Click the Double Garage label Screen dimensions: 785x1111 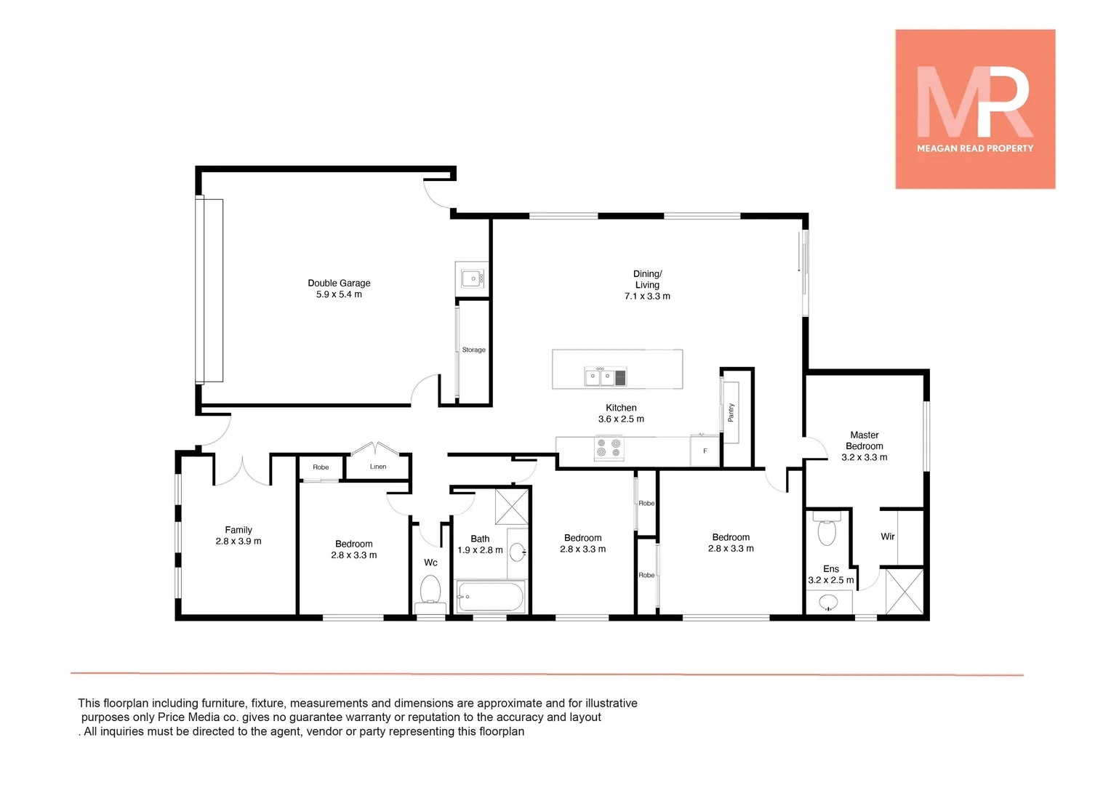[x=339, y=283]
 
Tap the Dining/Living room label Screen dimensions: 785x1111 [x=647, y=280]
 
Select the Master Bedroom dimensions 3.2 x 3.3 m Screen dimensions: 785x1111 [x=864, y=458]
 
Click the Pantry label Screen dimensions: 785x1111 [x=731, y=413]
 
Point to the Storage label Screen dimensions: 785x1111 [x=473, y=350]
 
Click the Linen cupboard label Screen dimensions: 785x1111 [x=378, y=467]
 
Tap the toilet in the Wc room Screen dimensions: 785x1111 [x=430, y=590]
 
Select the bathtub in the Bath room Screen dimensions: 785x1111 [x=490, y=597]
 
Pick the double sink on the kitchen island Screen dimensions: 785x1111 [x=600, y=377]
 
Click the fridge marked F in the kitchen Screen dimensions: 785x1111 [x=705, y=451]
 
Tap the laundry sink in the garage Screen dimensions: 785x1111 [x=472, y=278]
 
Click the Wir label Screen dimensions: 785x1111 [x=888, y=536]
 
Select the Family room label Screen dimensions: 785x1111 [x=238, y=530]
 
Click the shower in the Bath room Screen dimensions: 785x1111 [x=512, y=507]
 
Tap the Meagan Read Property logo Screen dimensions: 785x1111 [x=975, y=109]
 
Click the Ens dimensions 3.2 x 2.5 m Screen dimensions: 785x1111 [x=830, y=581]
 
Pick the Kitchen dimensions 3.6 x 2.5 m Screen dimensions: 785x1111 [x=621, y=419]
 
